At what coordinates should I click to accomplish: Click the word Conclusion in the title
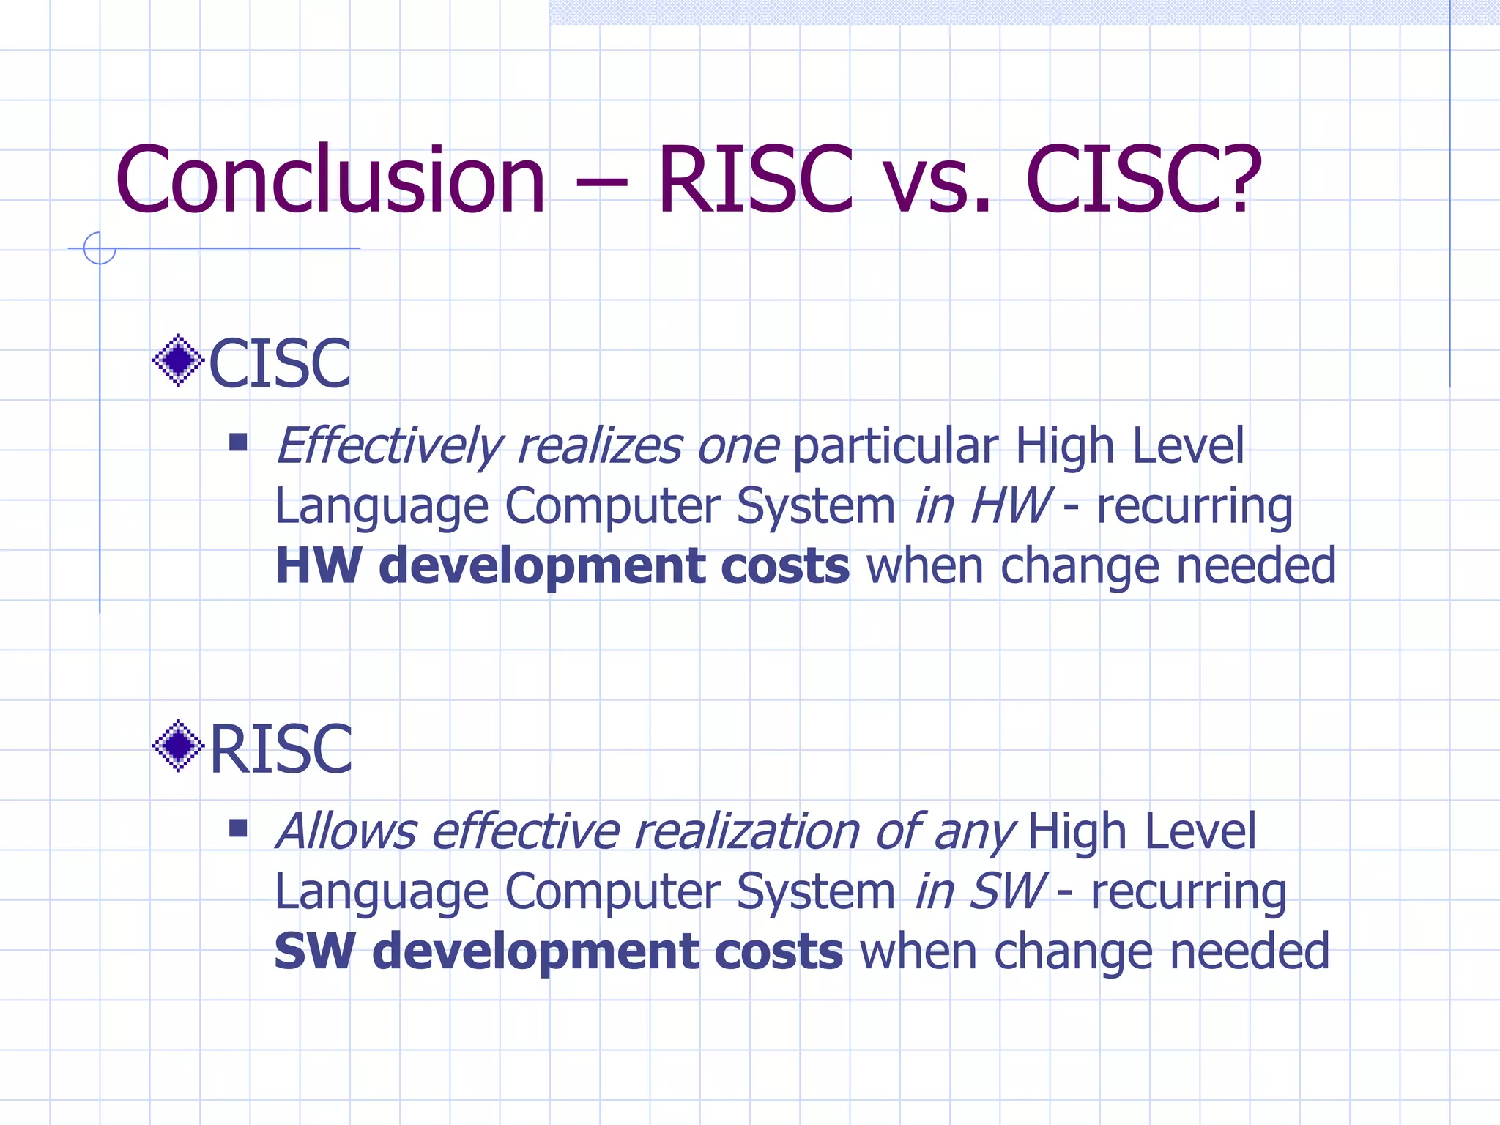[330, 180]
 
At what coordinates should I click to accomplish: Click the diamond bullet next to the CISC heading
[178, 360]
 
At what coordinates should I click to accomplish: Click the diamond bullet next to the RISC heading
[178, 746]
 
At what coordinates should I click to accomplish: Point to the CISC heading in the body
[280, 363]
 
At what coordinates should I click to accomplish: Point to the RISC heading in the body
[281, 749]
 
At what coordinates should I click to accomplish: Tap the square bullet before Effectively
[238, 442]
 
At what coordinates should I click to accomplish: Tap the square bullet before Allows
[238, 828]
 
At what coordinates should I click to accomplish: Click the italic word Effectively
[389, 447]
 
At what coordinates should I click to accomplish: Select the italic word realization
[747, 832]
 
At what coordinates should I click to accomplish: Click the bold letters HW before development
[318, 566]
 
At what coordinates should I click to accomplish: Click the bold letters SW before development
[315, 951]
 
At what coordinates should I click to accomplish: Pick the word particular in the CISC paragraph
[895, 447]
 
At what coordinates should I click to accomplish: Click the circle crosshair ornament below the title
[100, 248]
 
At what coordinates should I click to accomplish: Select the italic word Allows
[346, 832]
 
